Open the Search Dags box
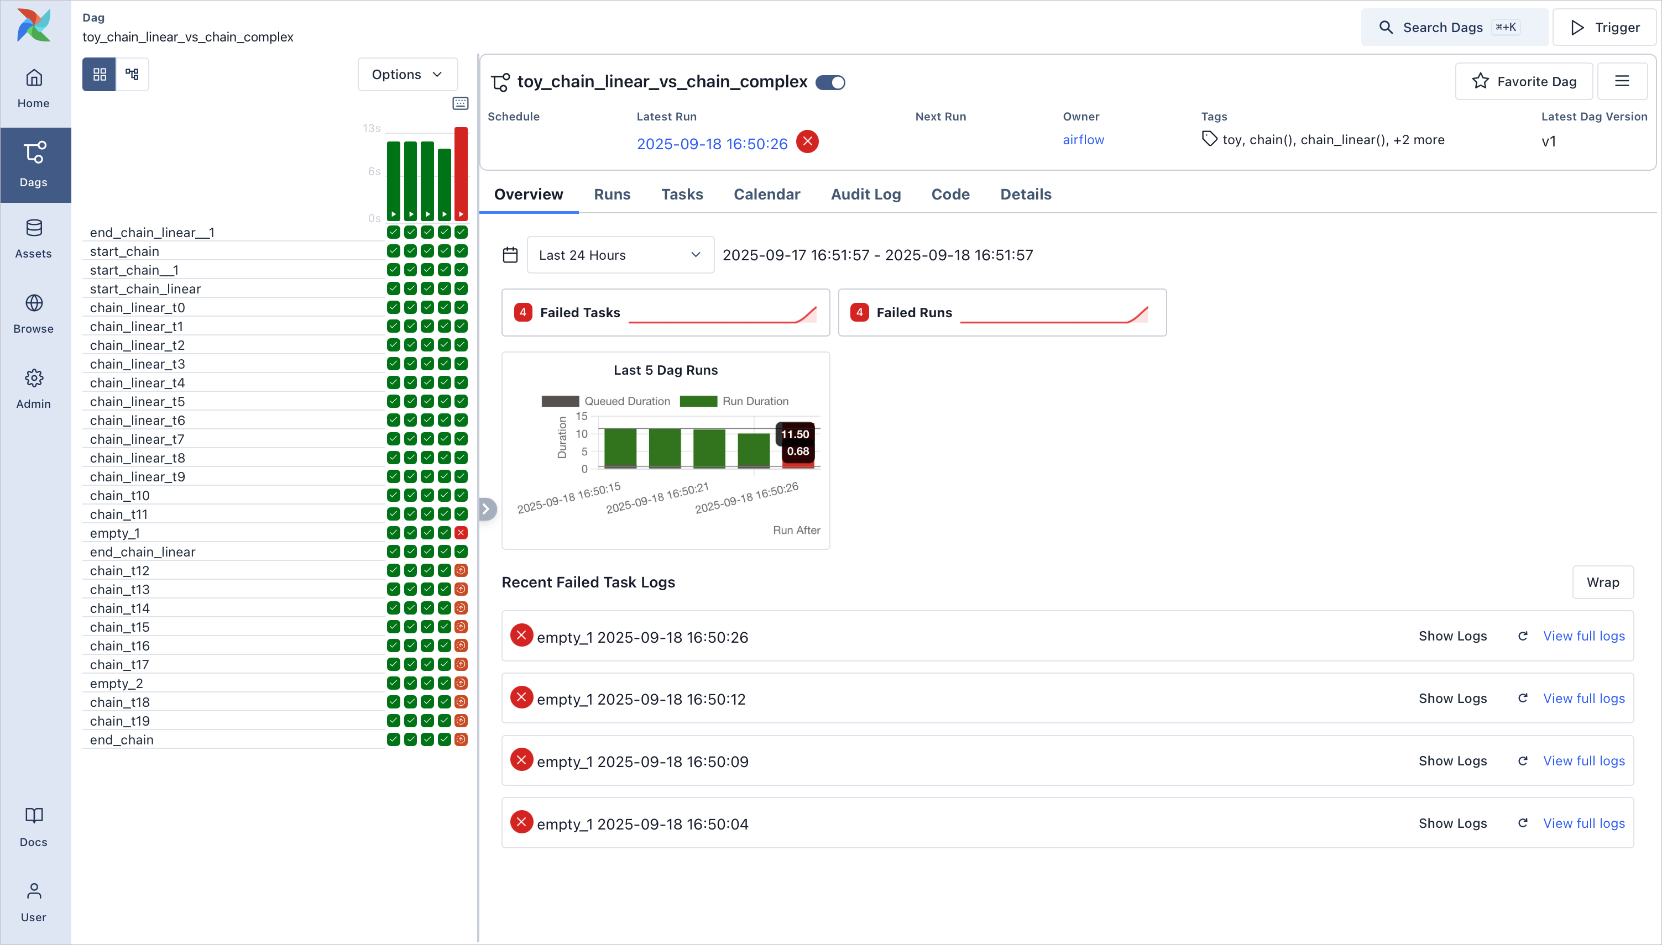click(x=1454, y=27)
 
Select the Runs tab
click(x=612, y=194)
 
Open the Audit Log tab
click(x=865, y=194)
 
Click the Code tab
click(x=950, y=194)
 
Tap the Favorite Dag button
click(x=1524, y=81)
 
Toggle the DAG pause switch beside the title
click(x=830, y=82)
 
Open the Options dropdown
click(x=407, y=75)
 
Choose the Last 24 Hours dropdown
click(x=620, y=255)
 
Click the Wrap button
click(x=1602, y=582)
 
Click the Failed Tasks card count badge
click(x=522, y=312)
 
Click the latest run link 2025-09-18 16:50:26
click(x=712, y=144)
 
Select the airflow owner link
click(x=1083, y=140)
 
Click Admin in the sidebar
click(x=34, y=388)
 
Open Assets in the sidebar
click(x=34, y=238)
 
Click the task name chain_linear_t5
click(x=138, y=402)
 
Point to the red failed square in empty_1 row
click(x=461, y=533)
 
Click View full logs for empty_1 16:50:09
click(x=1583, y=760)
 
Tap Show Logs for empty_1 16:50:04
click(x=1452, y=823)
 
